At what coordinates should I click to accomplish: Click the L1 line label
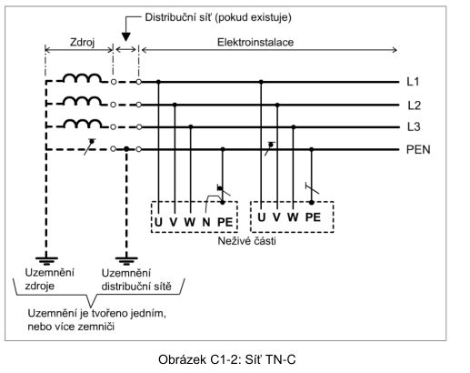(x=413, y=82)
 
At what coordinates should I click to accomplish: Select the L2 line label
(x=414, y=106)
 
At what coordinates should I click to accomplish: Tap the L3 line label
(x=414, y=126)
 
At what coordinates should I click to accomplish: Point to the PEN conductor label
(x=418, y=149)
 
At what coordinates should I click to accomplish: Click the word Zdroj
(x=82, y=42)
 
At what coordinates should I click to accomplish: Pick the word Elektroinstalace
(x=255, y=42)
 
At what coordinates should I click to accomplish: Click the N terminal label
(x=206, y=222)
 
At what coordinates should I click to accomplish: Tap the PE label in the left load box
(x=225, y=222)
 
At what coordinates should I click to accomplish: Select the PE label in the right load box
(x=313, y=217)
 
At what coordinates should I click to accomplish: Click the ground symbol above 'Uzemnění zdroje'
(x=46, y=260)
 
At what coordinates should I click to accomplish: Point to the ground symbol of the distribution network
(x=126, y=260)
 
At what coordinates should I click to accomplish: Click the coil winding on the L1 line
(x=83, y=78)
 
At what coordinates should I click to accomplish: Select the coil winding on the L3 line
(x=83, y=124)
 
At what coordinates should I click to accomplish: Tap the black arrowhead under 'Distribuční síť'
(x=125, y=36)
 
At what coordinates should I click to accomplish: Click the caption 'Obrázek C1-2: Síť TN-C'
(x=226, y=359)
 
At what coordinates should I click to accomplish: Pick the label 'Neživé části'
(x=246, y=241)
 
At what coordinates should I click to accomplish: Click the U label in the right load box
(x=262, y=217)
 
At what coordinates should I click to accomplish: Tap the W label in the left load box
(x=190, y=222)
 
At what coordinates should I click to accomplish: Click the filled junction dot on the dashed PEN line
(x=126, y=149)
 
